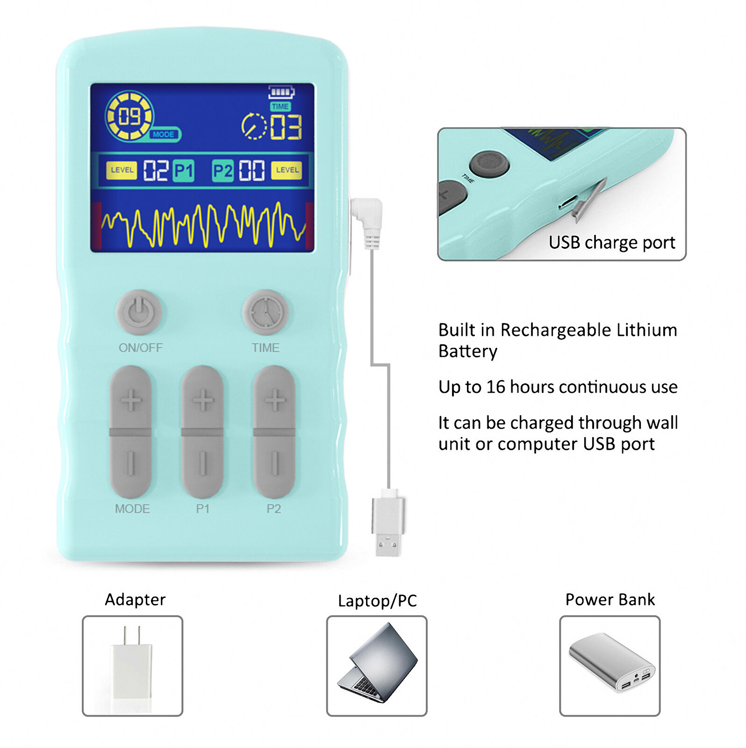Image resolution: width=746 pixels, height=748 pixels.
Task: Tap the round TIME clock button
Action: pyautogui.click(x=265, y=312)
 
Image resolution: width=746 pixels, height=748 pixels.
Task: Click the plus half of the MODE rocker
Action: pyautogui.click(x=131, y=400)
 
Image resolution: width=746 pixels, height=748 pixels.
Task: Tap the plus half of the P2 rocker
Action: pyautogui.click(x=274, y=400)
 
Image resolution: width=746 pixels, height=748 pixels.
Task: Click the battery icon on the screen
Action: pyautogui.click(x=281, y=92)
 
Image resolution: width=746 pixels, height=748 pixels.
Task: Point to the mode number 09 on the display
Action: pyautogui.click(x=129, y=116)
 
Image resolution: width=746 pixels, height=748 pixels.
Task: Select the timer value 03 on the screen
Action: pyautogui.click(x=286, y=127)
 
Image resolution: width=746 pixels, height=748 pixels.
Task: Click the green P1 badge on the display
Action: pyautogui.click(x=183, y=171)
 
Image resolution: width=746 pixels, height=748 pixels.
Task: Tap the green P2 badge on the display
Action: pyautogui.click(x=222, y=171)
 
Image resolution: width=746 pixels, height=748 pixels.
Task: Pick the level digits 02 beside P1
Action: pyautogui.click(x=155, y=170)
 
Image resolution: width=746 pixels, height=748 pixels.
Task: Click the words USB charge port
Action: pyautogui.click(x=611, y=243)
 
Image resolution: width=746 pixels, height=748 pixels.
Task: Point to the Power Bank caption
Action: pyautogui.click(x=610, y=600)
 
